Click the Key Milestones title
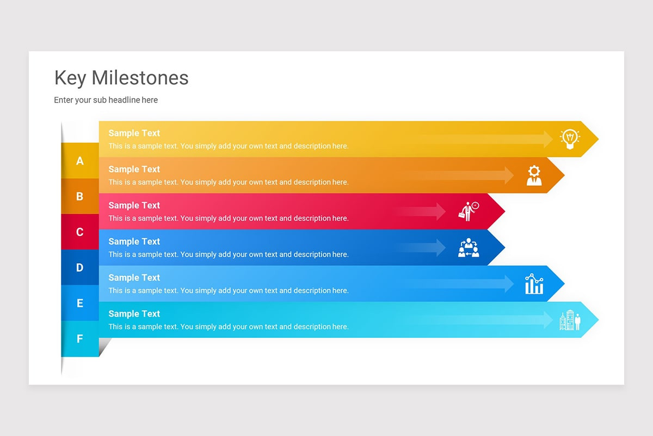(x=121, y=78)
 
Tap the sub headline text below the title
(x=106, y=100)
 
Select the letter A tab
(x=80, y=161)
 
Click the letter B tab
(x=80, y=196)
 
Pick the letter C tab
(x=80, y=232)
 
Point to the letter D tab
(x=80, y=268)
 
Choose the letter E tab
(x=80, y=303)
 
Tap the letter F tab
(x=80, y=339)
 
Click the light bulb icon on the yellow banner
(x=570, y=139)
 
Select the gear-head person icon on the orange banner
(x=534, y=175)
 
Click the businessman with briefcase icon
(x=468, y=211)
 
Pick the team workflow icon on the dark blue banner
(x=468, y=247)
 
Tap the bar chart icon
(x=534, y=283)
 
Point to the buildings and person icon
(x=570, y=320)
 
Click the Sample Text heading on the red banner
(x=134, y=205)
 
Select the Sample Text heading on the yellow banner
(x=134, y=133)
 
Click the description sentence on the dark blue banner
(x=228, y=255)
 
